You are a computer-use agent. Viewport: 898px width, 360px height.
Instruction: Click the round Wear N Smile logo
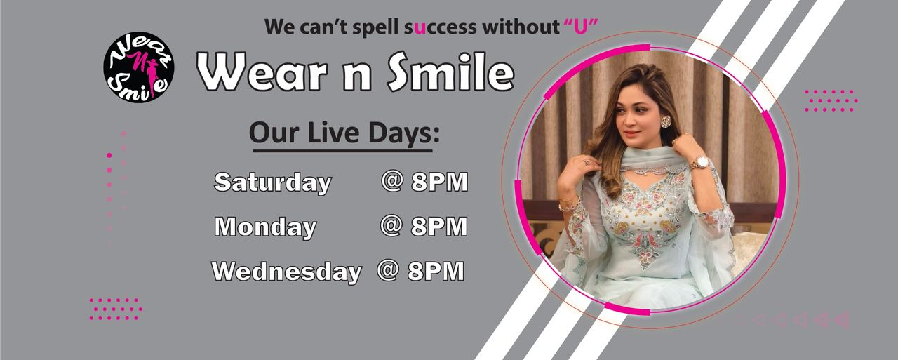(x=139, y=67)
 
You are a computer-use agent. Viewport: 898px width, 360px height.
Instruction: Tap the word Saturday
(x=273, y=182)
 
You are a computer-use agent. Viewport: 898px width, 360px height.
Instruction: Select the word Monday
(x=265, y=227)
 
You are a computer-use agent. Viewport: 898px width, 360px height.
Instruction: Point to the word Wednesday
(x=287, y=272)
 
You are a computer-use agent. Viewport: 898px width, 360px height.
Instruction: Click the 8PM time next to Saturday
(x=440, y=182)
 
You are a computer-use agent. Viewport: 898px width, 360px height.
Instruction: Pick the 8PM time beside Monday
(x=439, y=227)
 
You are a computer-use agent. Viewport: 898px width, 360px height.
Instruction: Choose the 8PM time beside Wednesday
(x=436, y=271)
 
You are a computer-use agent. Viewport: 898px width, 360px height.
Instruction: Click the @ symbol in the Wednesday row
(x=388, y=270)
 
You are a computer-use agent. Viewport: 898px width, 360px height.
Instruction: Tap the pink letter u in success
(x=420, y=27)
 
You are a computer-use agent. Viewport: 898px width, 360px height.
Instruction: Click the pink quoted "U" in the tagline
(x=581, y=27)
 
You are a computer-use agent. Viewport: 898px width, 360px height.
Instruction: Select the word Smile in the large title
(x=450, y=72)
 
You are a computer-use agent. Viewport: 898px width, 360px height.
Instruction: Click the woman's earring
(x=666, y=121)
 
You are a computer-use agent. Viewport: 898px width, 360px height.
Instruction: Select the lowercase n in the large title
(x=357, y=76)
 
